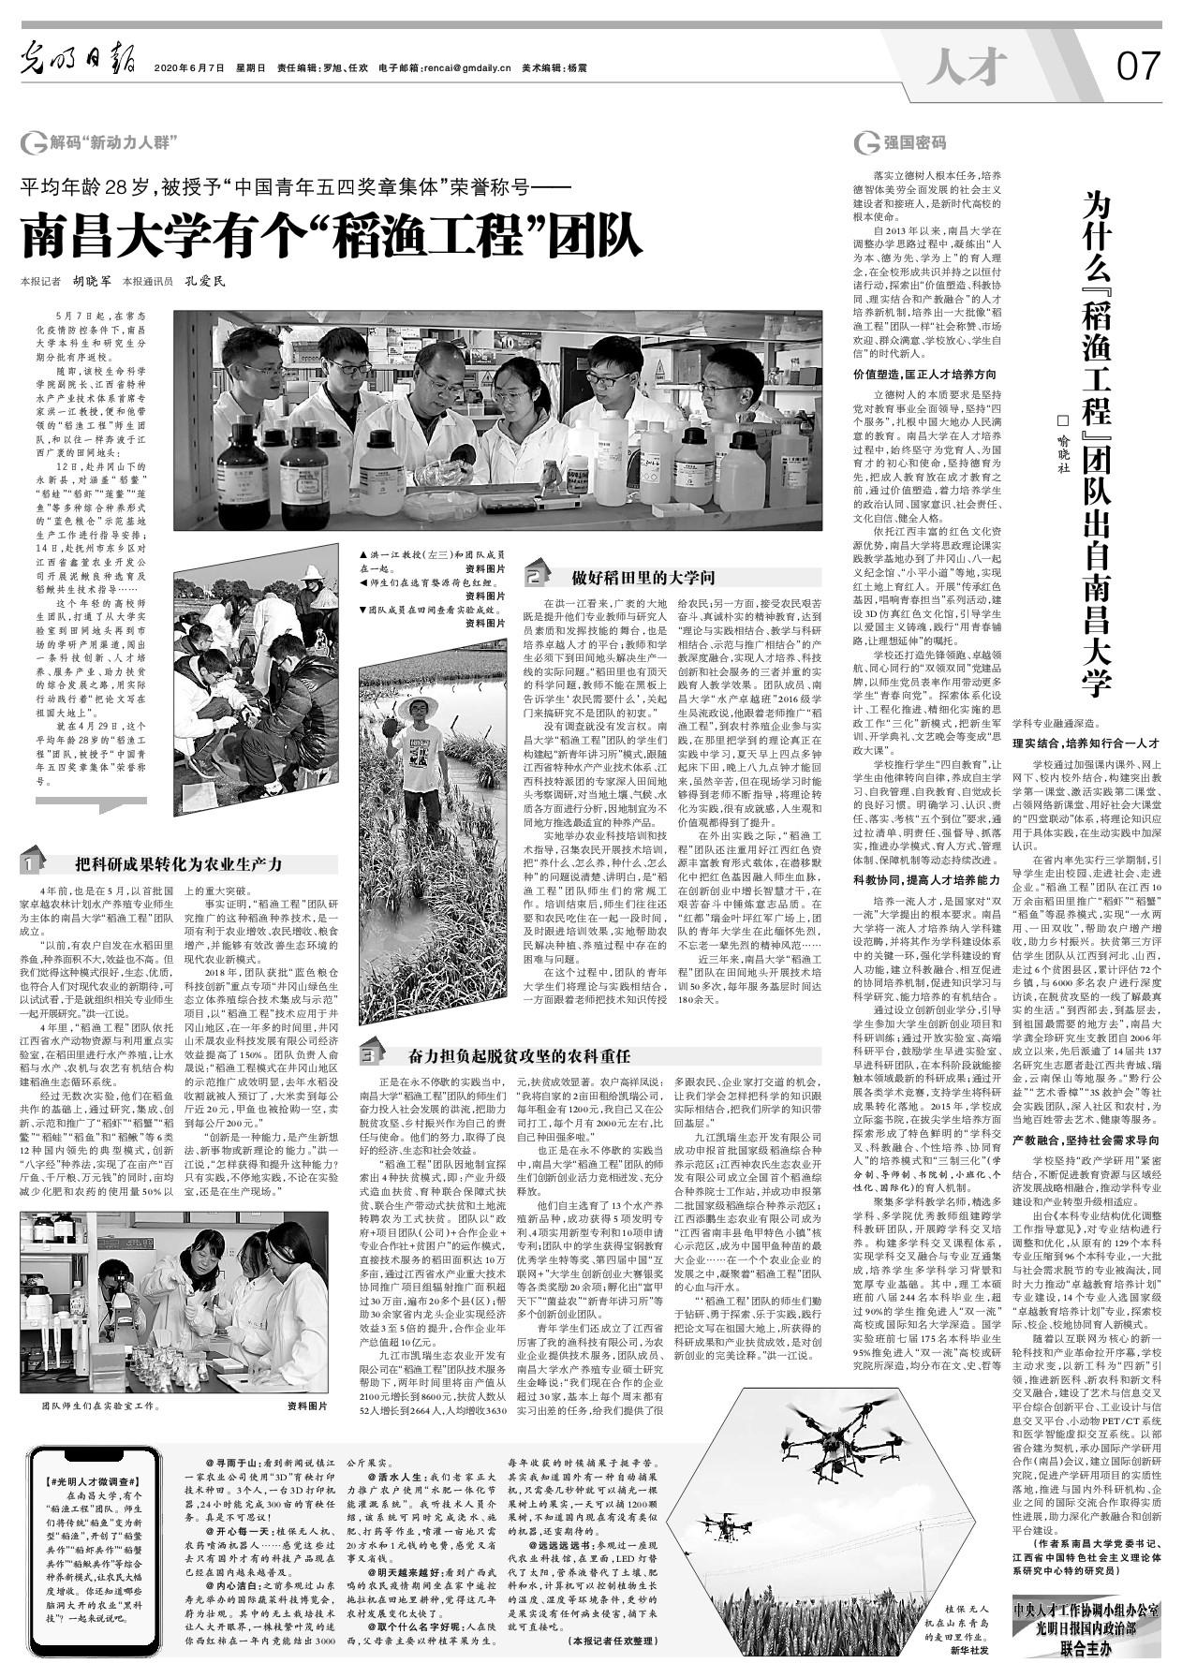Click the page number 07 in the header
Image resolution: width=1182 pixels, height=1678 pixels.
[1137, 67]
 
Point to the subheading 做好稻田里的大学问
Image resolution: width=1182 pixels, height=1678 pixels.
[643, 578]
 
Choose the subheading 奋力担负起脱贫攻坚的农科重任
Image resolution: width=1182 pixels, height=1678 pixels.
[518, 1056]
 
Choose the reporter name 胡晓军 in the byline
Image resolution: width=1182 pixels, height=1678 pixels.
[92, 280]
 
